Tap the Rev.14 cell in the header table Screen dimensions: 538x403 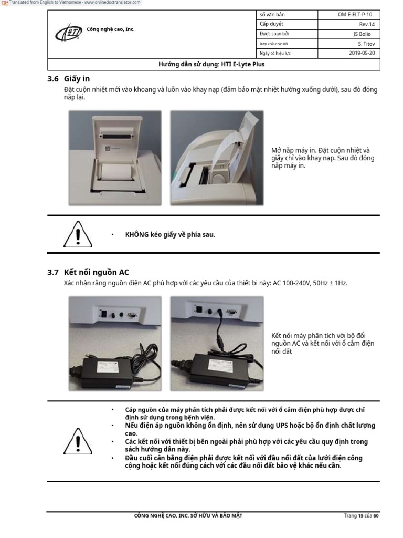pos(366,24)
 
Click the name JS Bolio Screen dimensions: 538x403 pos(362,34)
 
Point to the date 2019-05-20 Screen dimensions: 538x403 pos(362,53)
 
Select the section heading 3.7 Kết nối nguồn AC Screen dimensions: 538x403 pos(88,272)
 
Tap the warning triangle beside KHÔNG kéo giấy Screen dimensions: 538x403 pos(78,235)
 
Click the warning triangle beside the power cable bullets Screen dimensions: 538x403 pos(78,440)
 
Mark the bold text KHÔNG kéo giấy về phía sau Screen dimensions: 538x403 pos(170,234)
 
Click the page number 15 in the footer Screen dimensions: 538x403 pos(360,516)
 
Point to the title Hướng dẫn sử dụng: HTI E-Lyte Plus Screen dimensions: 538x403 pos(211,64)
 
